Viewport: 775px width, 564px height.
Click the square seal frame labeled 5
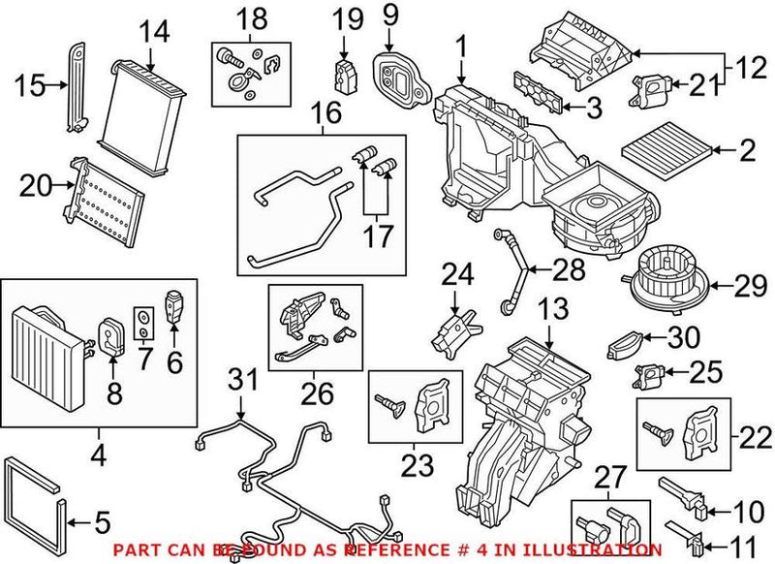tap(39, 498)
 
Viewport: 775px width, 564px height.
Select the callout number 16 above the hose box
tap(326, 114)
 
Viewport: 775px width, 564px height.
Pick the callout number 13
tap(550, 309)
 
